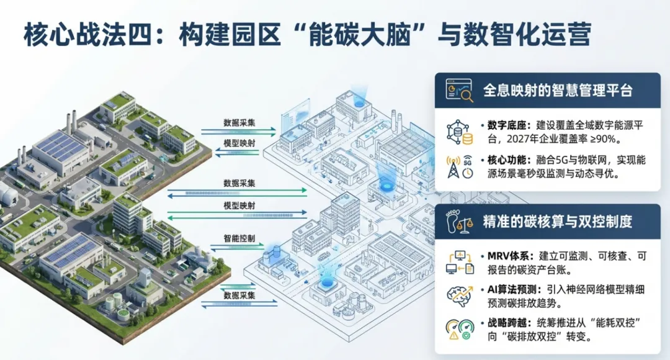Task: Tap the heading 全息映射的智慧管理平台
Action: point(558,91)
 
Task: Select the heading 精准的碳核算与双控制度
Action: point(558,222)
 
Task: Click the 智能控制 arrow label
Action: point(239,239)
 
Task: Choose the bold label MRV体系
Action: point(503,256)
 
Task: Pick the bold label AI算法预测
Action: point(508,289)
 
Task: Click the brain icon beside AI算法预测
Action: point(459,295)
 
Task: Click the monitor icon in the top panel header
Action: point(459,91)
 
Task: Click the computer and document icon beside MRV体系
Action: point(459,262)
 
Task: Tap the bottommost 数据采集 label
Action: point(239,295)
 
